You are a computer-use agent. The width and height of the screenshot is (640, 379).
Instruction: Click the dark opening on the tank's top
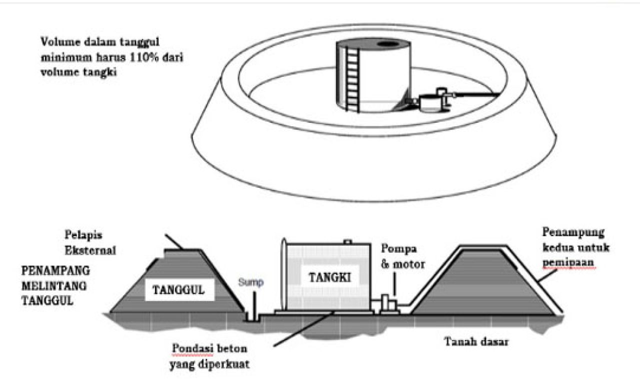388,44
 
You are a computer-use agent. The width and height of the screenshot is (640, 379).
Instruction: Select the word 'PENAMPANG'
55,271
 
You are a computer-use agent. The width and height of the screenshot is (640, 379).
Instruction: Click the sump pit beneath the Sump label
248,317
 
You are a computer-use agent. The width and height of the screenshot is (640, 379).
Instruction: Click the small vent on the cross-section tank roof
346,242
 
